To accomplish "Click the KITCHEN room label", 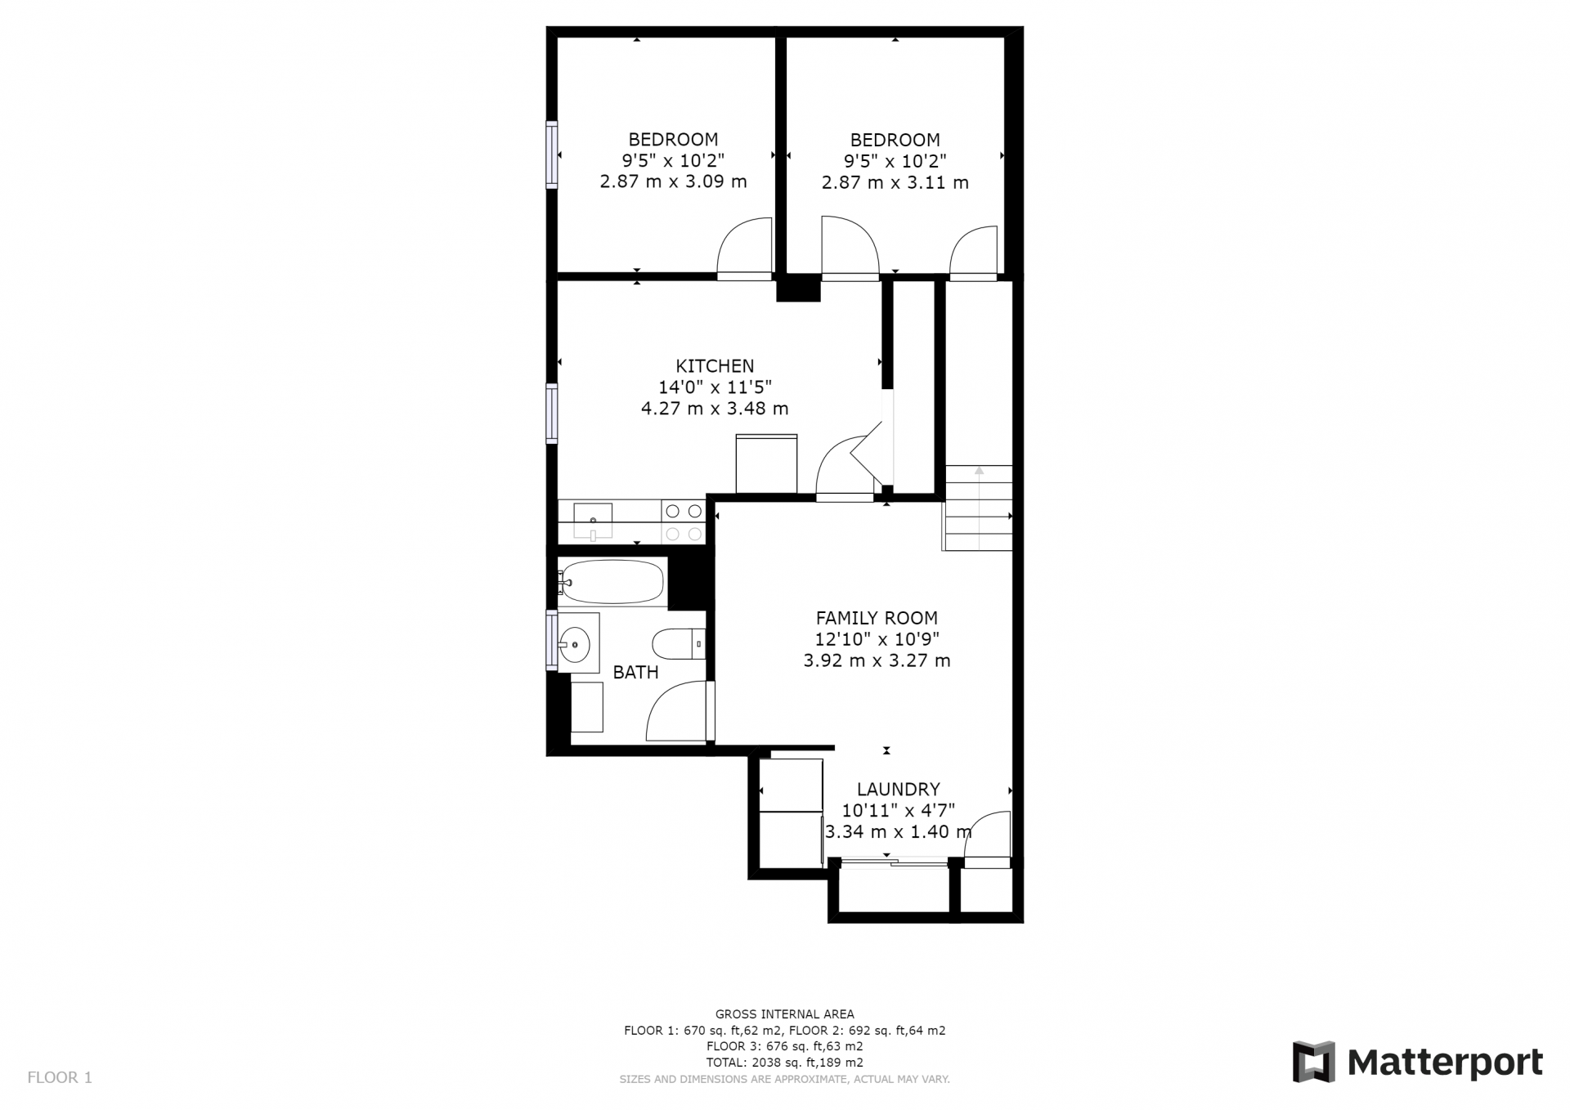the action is coord(715,365).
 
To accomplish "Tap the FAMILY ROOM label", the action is coord(877,618).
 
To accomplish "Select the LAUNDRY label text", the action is coord(898,789).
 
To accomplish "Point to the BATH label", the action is coord(635,672).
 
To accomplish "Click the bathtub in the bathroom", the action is coord(612,582).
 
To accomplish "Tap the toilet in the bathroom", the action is coord(679,643).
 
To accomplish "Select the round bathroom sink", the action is coord(576,644).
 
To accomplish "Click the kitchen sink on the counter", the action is coord(593,521).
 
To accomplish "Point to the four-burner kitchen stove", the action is coord(684,521).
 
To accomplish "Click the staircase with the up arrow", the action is coord(978,508).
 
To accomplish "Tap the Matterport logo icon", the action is coord(1313,1062).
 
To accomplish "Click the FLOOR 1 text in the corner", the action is coord(60,1077).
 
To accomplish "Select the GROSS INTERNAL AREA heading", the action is coord(784,1014).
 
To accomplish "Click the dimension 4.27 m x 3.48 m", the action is coord(715,408).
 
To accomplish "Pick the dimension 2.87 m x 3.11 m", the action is coord(895,182).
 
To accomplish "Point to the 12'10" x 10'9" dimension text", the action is coord(877,639).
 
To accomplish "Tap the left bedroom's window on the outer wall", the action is coord(552,155).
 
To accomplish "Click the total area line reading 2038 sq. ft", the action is coord(784,1063).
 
